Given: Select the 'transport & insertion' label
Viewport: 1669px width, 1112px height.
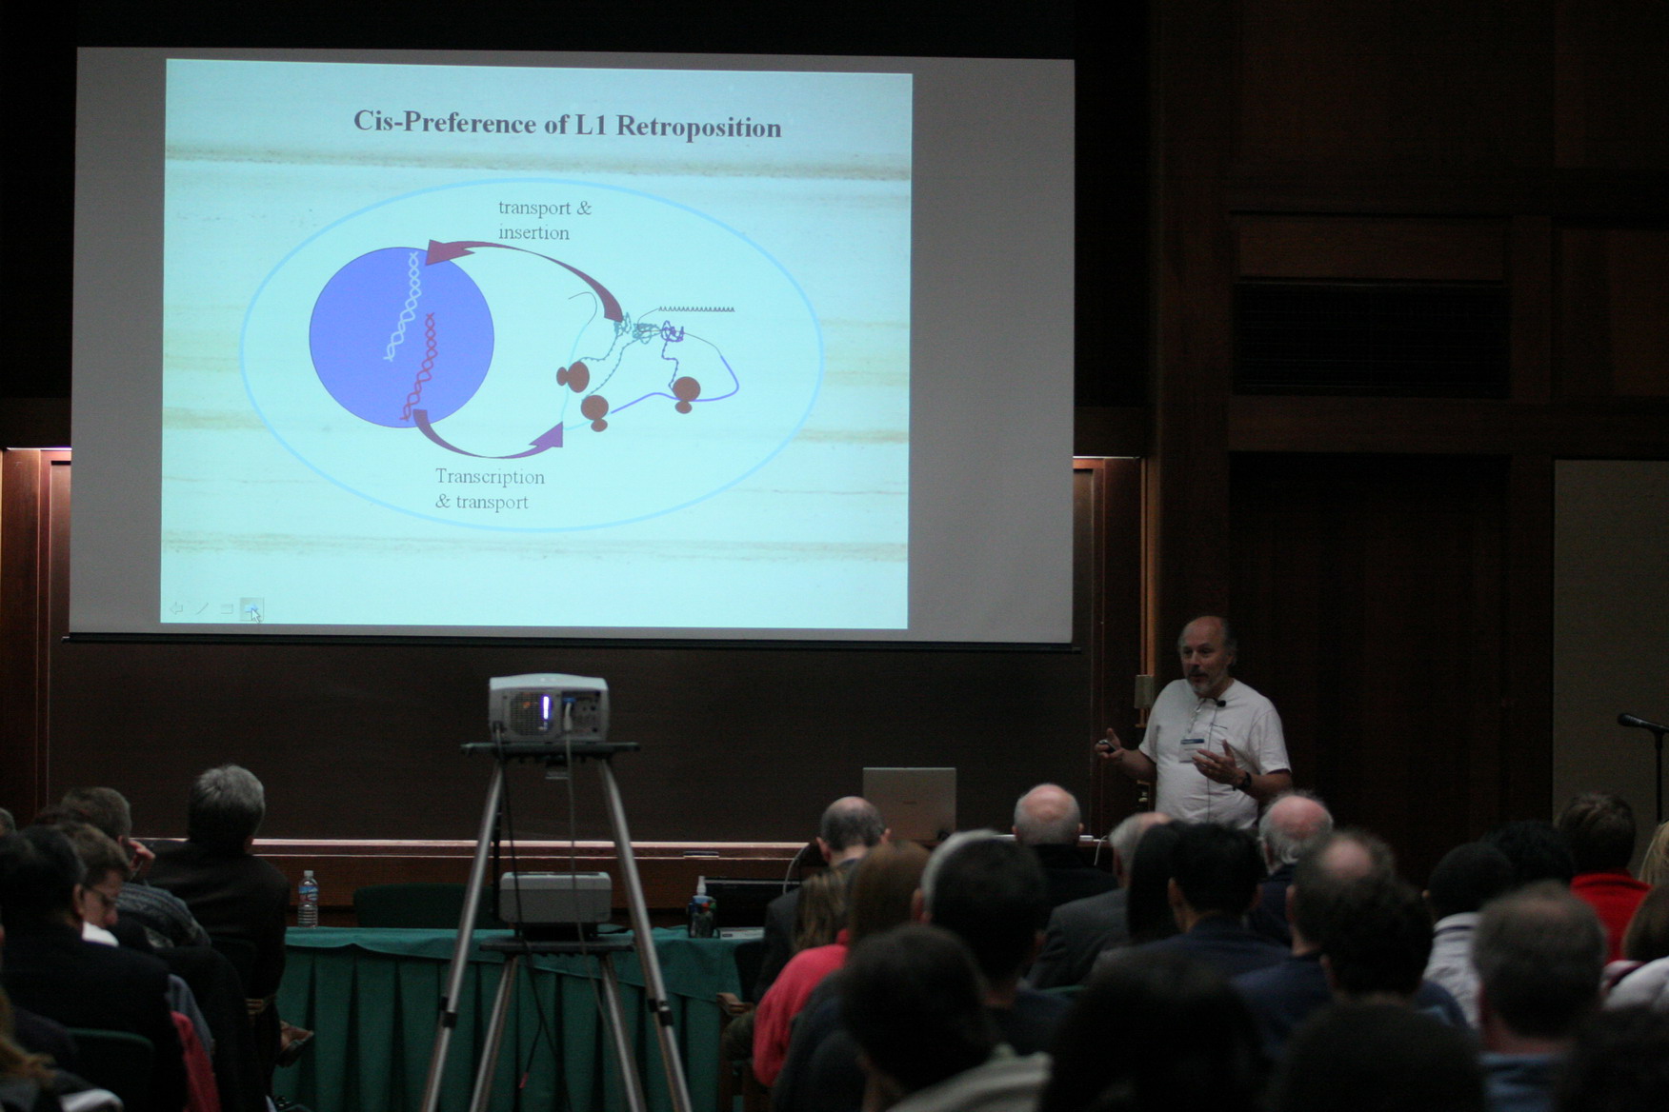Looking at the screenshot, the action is [545, 220].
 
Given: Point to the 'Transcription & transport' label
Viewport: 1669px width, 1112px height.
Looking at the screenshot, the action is [490, 488].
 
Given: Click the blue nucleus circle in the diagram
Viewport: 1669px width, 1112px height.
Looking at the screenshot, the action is [401, 336].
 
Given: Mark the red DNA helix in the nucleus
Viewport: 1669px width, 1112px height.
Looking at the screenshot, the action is [420, 367].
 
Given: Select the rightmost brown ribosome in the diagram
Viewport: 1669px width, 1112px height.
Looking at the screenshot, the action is [685, 393].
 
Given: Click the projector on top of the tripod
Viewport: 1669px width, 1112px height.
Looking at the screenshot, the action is [548, 708].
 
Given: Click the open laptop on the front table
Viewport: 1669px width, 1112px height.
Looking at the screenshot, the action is [909, 804].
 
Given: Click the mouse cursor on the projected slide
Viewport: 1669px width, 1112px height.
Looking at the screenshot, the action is [255, 615].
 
